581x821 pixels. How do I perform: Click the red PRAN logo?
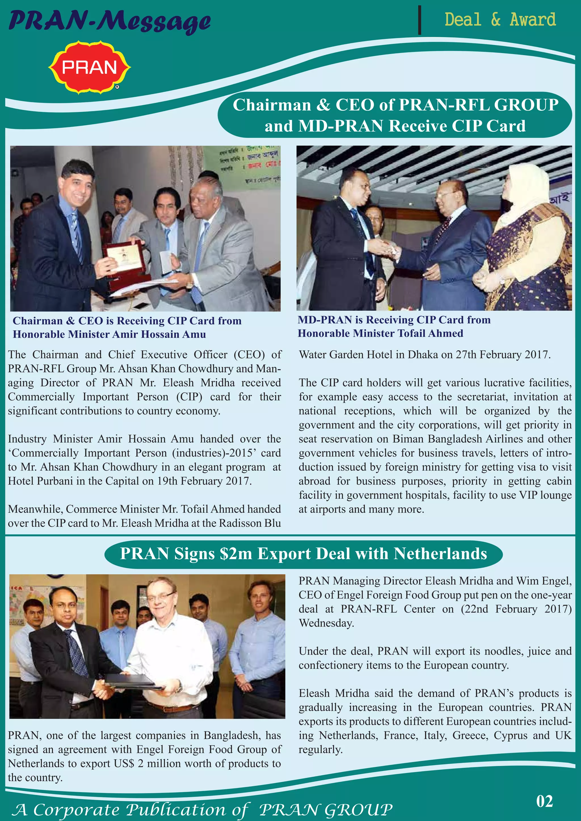tap(89, 67)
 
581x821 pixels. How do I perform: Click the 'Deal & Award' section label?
tap(500, 20)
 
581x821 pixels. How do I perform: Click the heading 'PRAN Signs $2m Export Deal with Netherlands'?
tap(303, 554)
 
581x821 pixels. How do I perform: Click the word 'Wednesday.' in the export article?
tap(326, 623)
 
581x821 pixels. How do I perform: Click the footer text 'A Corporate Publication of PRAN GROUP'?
tap(202, 809)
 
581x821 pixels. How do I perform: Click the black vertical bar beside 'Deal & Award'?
tap(420, 20)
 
